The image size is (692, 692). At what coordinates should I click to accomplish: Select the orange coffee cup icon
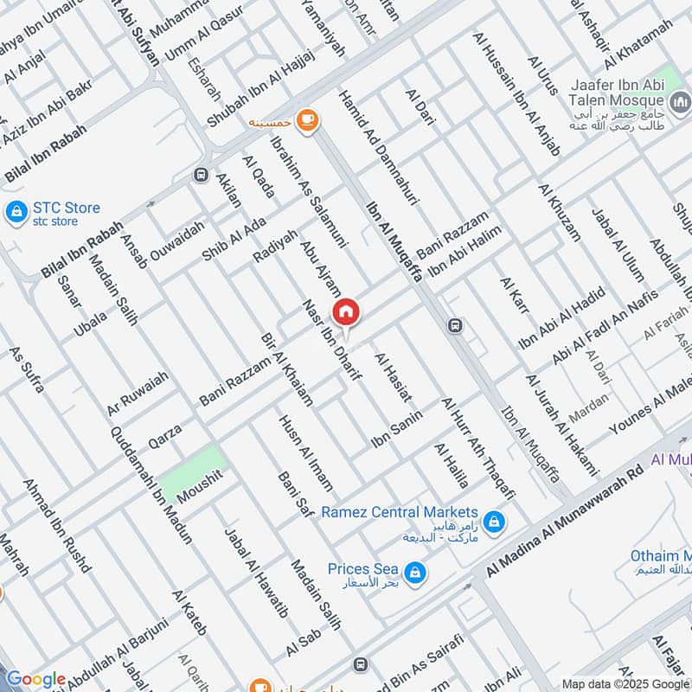(x=305, y=120)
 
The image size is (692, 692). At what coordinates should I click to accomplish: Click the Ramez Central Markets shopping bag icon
(x=493, y=522)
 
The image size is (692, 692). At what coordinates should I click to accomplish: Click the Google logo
(x=35, y=679)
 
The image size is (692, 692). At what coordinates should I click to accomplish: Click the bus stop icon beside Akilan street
(x=201, y=175)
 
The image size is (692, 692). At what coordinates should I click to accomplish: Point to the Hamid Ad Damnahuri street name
(x=378, y=147)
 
